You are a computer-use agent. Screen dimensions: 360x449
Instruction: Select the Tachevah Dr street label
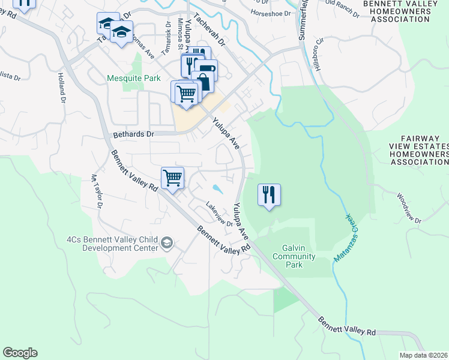coord(208,32)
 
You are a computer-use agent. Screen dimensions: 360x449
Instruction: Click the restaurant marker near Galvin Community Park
coord(269,195)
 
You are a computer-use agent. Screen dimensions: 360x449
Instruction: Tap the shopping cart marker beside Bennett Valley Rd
coord(172,178)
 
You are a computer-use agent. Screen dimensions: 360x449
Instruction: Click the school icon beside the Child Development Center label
coord(166,243)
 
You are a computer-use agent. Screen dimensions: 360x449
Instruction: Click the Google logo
coord(20,353)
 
